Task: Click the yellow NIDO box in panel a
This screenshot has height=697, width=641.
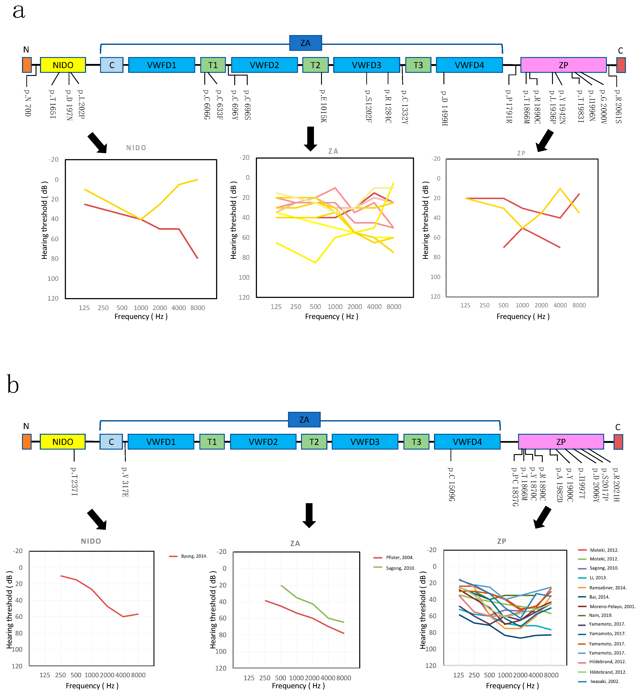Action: [63, 65]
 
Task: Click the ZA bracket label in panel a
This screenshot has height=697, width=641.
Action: [305, 43]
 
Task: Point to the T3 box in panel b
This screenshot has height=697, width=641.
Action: [416, 442]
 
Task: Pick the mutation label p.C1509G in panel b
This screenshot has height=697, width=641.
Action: [451, 484]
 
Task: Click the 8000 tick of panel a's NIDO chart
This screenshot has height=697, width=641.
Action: [197, 308]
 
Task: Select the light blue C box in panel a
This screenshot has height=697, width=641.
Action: [112, 65]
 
